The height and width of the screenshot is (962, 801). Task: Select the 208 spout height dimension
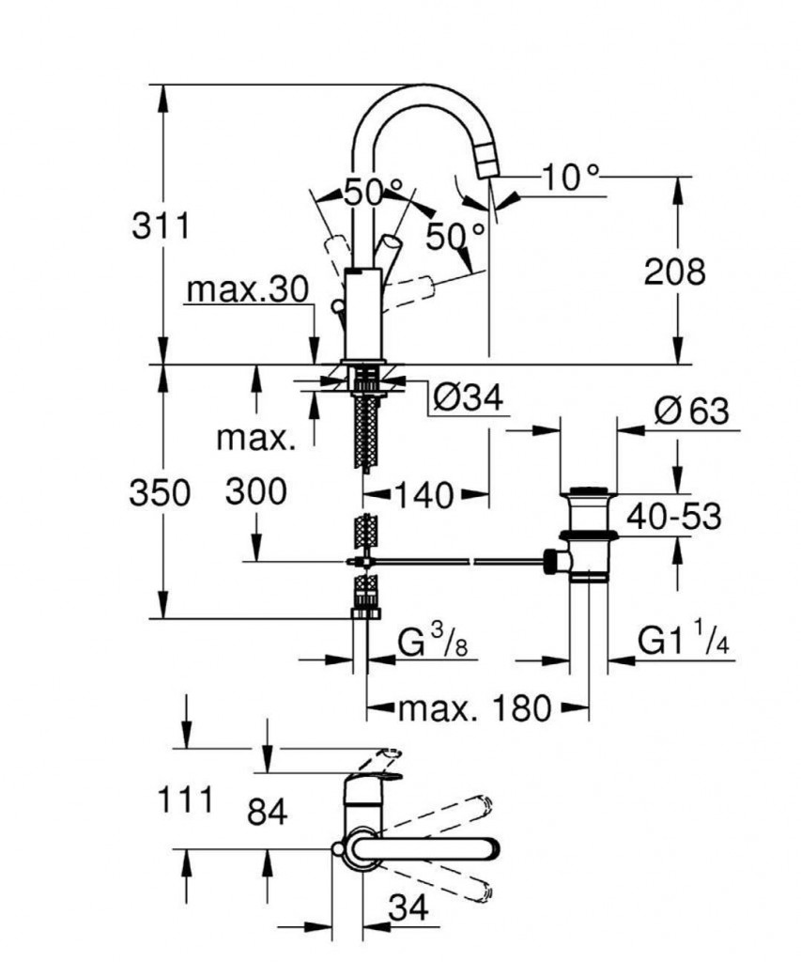click(x=673, y=272)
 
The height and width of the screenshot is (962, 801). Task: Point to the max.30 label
click(x=247, y=290)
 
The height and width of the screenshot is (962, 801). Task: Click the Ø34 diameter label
click(x=467, y=399)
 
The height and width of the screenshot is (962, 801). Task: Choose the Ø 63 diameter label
click(x=691, y=411)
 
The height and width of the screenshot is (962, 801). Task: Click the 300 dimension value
click(x=256, y=491)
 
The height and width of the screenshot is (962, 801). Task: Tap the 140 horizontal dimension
click(x=424, y=493)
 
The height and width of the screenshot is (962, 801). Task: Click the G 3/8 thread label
click(x=435, y=644)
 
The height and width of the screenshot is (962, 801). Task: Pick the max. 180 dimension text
click(x=475, y=707)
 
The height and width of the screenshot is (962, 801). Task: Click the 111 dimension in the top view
click(x=184, y=801)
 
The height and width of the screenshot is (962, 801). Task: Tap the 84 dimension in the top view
click(x=267, y=813)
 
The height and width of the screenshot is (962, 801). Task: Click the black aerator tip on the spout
click(x=489, y=165)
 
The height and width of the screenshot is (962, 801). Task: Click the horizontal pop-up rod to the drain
click(x=451, y=562)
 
